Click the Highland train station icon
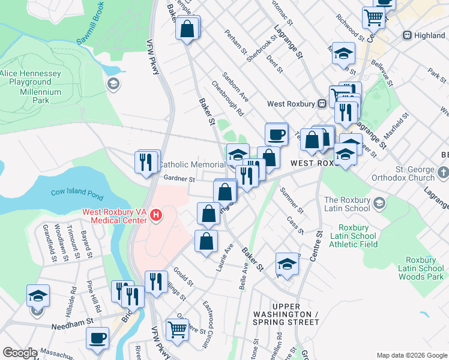[408, 35]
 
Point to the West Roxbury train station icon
[322, 103]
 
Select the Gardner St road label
[179, 179]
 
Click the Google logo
[20, 352]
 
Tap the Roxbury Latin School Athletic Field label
[357, 236]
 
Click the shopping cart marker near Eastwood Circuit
[177, 329]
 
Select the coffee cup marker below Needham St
[97, 338]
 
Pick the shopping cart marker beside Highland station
[373, 18]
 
